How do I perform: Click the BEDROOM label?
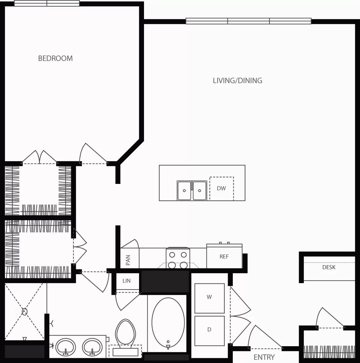click(55, 58)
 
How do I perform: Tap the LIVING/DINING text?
click(237, 80)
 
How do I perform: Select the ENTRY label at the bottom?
click(264, 357)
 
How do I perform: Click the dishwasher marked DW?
click(221, 188)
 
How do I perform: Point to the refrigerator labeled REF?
click(224, 256)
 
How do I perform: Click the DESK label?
click(329, 267)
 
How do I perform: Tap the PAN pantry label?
click(128, 260)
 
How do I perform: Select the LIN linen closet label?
click(126, 281)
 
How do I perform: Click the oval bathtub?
click(168, 322)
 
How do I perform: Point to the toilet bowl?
click(126, 331)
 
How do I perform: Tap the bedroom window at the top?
click(47, 3)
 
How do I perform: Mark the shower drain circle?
click(25, 311)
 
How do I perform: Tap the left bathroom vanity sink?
click(66, 347)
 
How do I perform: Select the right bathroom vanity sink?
click(92, 347)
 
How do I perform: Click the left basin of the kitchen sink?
click(184, 190)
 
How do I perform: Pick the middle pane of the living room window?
click(248, 21)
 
